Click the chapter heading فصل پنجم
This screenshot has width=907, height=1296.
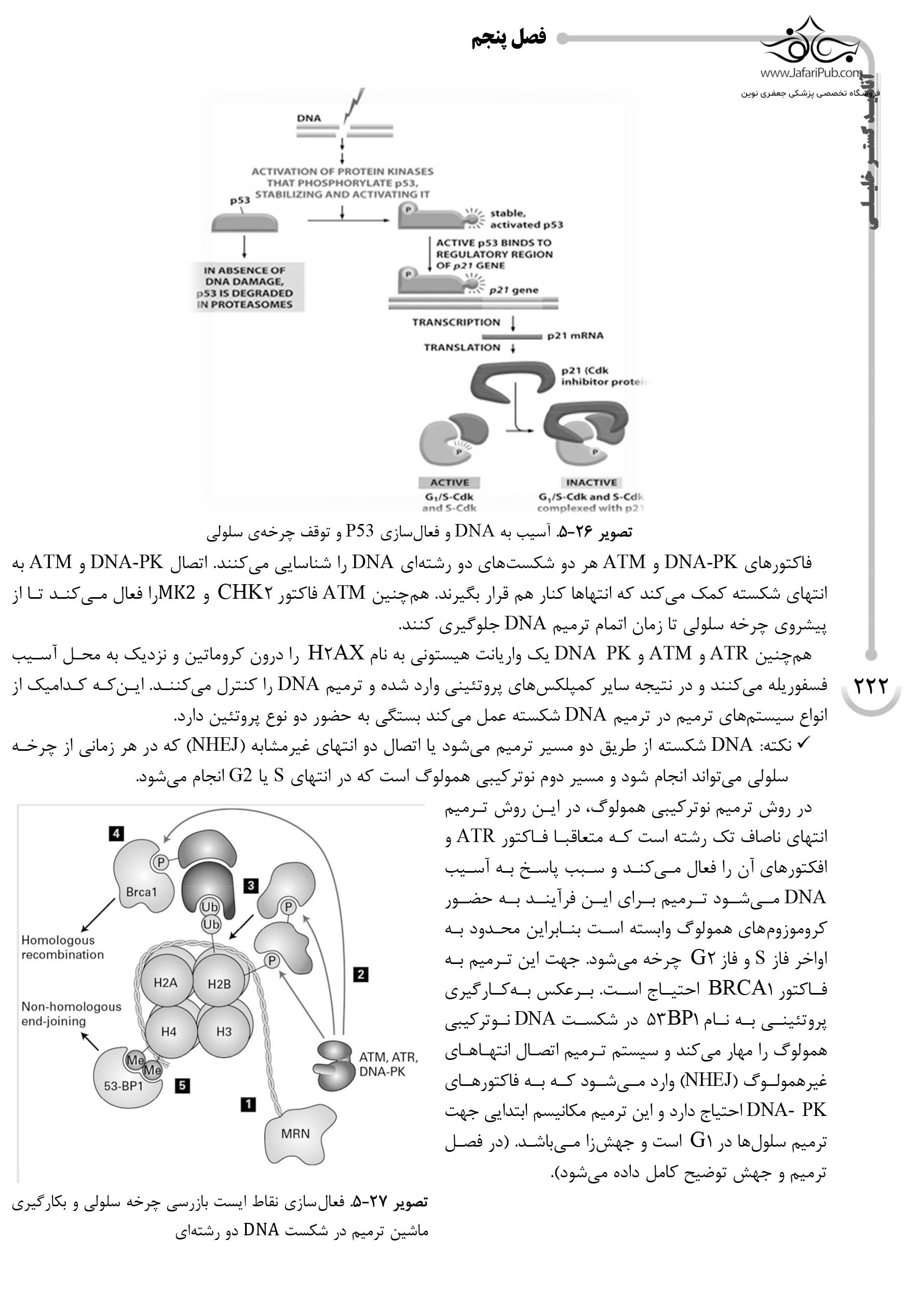point(508,38)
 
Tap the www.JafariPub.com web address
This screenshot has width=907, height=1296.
point(811,73)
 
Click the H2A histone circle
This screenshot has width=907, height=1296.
point(166,983)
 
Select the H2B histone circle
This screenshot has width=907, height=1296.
point(219,984)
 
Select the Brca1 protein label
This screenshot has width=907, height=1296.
point(141,892)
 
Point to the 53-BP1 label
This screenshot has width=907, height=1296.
point(123,1085)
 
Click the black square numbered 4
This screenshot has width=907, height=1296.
point(117,833)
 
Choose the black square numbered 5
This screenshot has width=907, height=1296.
point(182,1085)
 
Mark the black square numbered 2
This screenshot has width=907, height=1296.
point(360,974)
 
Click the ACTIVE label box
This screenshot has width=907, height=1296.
point(450,482)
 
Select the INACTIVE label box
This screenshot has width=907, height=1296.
point(591,482)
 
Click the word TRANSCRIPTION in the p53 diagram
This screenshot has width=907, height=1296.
point(456,322)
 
